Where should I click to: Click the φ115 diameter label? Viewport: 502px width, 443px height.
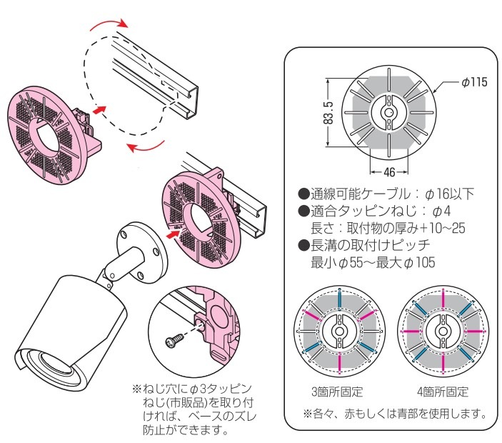(473, 82)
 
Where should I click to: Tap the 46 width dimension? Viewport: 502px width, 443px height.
(390, 171)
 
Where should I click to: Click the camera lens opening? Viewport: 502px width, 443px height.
(56, 372)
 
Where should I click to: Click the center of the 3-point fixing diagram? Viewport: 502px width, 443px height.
(339, 332)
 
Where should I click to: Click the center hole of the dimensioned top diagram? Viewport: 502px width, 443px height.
(389, 113)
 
